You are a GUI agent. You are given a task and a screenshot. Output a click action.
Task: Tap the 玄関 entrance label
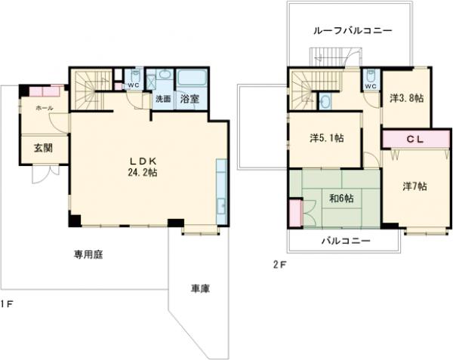point(42,148)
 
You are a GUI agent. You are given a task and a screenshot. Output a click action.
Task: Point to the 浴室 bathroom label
point(190,99)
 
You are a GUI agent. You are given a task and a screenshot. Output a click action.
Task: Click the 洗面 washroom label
point(163,99)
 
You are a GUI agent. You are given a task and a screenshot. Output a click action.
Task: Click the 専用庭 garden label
point(88,254)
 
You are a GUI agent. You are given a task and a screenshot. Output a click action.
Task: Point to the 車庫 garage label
point(199,289)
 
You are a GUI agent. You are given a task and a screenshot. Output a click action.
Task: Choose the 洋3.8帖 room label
point(405,98)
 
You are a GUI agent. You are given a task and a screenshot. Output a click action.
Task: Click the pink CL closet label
point(414,140)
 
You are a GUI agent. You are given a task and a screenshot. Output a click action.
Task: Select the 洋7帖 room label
point(414,186)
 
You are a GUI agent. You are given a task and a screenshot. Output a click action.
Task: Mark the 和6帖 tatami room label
point(342,199)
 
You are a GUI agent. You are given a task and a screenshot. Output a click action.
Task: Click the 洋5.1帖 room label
point(326,138)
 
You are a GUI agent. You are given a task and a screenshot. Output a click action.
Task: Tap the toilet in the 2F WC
point(370,75)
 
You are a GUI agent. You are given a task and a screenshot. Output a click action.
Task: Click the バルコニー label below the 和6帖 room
point(344,241)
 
